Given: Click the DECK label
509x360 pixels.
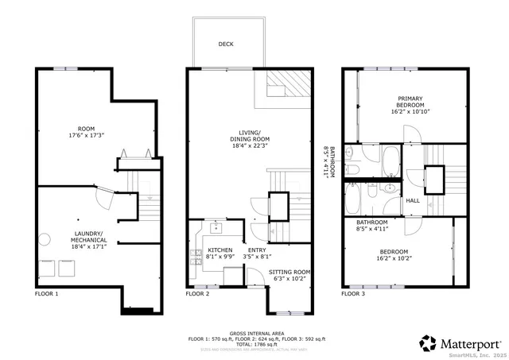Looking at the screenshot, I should [x=226, y=45].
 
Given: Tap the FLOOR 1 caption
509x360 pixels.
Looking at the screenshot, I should [x=46, y=293].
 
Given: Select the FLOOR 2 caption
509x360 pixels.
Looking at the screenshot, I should [x=197, y=293].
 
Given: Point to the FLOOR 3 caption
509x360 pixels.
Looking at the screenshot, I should [x=353, y=293].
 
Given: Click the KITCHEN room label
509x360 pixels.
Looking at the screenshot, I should [x=209, y=250].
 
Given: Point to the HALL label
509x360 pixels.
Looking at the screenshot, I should [x=413, y=200].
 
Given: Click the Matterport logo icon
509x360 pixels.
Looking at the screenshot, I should [x=428, y=343].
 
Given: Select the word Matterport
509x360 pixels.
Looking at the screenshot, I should [x=469, y=343].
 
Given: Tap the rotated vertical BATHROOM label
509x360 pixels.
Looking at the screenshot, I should [x=334, y=163].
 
